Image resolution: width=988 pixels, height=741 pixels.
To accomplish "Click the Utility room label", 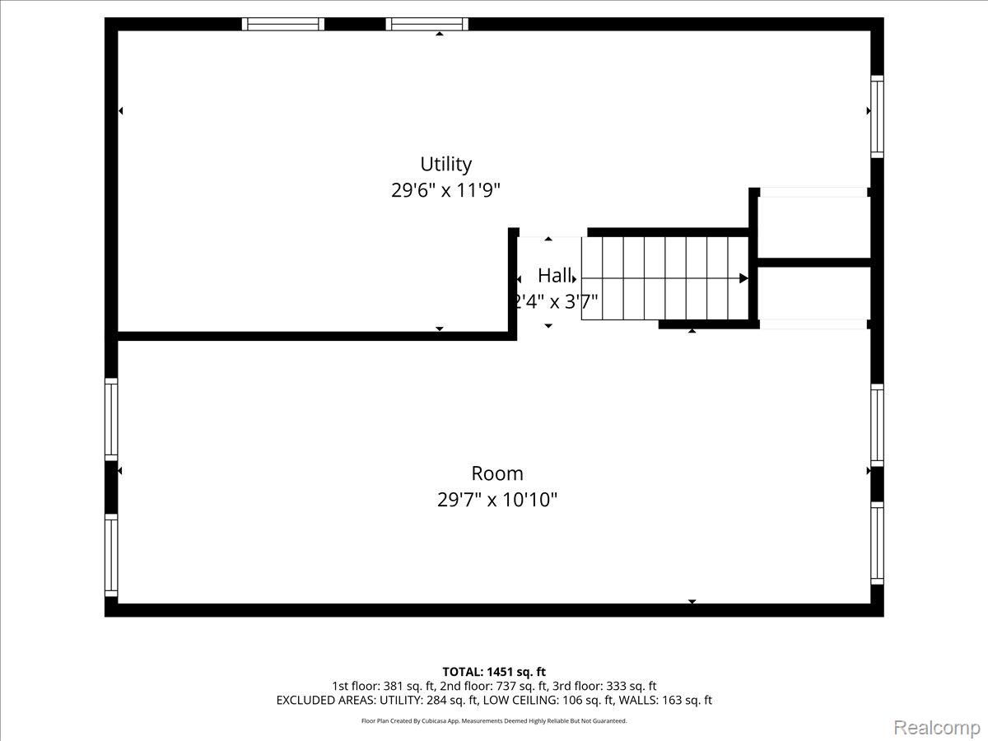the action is (445, 165).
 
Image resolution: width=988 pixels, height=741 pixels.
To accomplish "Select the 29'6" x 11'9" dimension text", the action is (445, 190).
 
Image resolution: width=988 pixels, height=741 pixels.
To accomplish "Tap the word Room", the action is (497, 473).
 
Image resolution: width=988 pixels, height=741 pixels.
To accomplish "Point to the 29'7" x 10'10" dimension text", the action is (497, 500).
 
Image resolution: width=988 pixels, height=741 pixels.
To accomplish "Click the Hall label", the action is (555, 275).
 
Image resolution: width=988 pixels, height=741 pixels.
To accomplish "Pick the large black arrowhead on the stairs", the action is (743, 278).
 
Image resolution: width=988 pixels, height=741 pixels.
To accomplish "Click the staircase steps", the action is (664, 278).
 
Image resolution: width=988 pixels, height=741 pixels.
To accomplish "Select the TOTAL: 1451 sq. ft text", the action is (494, 672).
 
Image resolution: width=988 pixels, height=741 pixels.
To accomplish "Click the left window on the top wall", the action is (282, 24).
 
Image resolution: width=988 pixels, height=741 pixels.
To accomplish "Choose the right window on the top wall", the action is (426, 24).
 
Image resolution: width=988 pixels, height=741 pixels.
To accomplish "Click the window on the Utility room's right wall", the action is (877, 117).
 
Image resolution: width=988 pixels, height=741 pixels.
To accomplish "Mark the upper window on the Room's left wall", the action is (111, 419).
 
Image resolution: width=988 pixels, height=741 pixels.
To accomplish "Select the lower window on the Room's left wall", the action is (111, 555).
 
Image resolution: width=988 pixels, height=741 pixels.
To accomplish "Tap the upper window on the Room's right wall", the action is (877, 425).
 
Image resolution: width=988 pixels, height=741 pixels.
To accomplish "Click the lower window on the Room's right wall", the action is (877, 543).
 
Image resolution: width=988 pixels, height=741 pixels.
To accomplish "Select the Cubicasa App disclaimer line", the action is (494, 721).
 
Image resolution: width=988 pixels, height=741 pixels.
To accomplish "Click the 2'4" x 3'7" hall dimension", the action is (556, 301).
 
